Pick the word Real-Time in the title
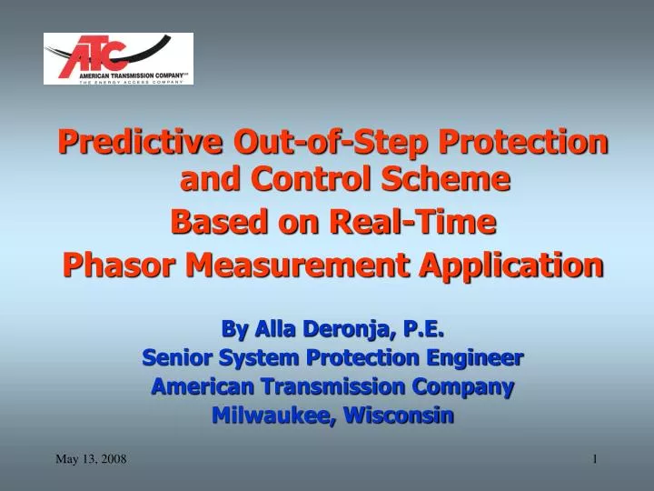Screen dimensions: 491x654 point(426,221)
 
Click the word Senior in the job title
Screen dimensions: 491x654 point(178,357)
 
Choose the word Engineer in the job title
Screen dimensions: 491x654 point(472,357)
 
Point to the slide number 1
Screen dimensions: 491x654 point(595,459)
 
